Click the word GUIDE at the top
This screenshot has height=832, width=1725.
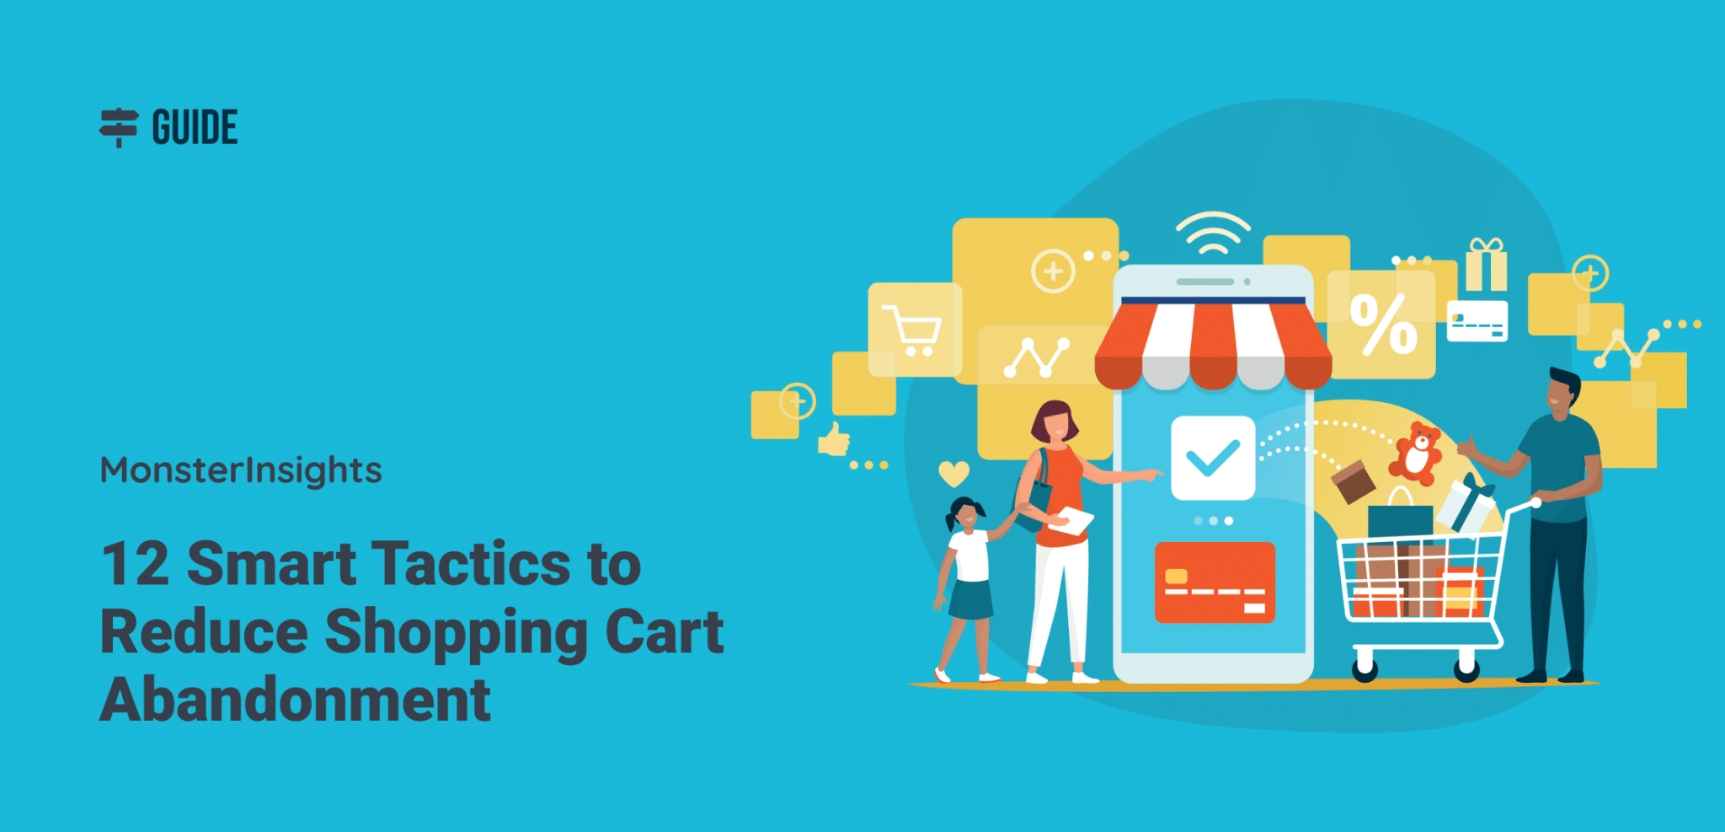click(195, 127)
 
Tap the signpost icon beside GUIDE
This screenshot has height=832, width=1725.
click(119, 127)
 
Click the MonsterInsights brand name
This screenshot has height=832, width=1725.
click(241, 470)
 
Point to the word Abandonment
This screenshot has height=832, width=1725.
click(295, 700)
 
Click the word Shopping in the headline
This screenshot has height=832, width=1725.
click(456, 632)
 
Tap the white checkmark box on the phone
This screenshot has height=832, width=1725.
click(1212, 458)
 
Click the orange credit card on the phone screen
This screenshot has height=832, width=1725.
click(1215, 582)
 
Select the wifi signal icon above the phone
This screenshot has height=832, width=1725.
click(1213, 233)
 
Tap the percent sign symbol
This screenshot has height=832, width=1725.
click(1383, 325)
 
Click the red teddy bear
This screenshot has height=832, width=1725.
click(1417, 453)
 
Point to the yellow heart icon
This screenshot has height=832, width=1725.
click(953, 474)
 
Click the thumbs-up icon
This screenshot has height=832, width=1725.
click(834, 439)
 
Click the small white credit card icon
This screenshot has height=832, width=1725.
click(1477, 321)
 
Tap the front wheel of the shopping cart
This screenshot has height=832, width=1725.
click(1365, 669)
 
